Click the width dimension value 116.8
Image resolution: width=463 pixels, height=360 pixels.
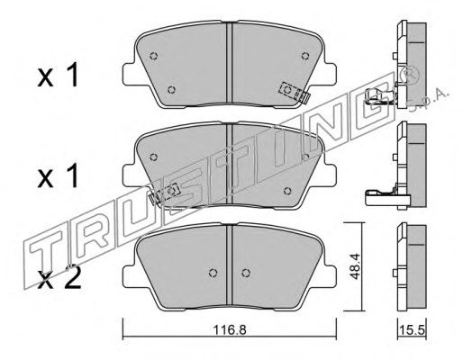(230, 330)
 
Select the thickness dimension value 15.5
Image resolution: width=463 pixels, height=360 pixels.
(412, 331)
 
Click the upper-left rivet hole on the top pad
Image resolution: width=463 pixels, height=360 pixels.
(154, 56)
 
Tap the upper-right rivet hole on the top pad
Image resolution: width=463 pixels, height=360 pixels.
(305, 56)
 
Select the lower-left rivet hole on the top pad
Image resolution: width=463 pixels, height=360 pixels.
(171, 90)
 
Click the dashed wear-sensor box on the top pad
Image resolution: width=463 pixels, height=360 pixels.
(290, 91)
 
